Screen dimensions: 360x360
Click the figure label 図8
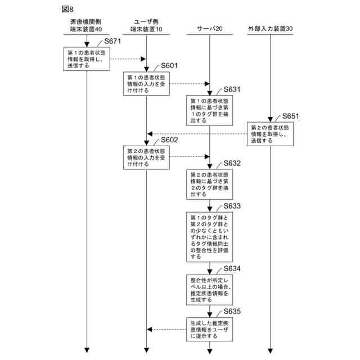pos(67,9)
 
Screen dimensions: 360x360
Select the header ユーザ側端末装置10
pos(145,25)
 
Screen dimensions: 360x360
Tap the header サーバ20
pos(210,28)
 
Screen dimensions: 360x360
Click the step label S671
pos(113,42)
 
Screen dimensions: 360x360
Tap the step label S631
pos(232,89)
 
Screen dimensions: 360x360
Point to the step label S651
pos(290,116)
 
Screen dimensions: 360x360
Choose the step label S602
pos(169,140)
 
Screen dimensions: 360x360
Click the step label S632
pos(232,164)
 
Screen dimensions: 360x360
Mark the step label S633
pos(232,206)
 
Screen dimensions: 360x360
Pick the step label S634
pos(232,269)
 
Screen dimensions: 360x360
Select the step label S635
pos(232,312)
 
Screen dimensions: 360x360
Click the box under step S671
pos(86,58)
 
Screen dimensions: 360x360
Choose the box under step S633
pos(209,237)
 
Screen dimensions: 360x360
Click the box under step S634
pos(209,289)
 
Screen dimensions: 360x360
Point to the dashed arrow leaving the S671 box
pos(125,58)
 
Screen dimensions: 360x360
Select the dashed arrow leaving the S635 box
pos(167,330)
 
